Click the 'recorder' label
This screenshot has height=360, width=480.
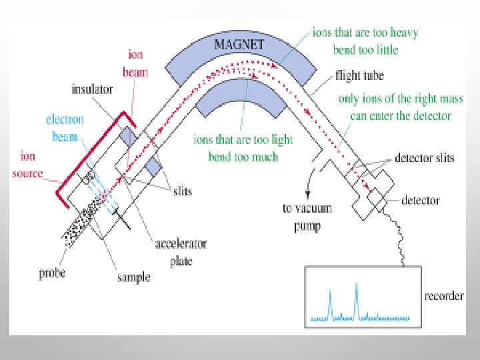pyautogui.click(x=444, y=296)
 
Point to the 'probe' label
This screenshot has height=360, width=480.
pyautogui.click(x=51, y=272)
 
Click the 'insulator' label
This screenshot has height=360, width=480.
pyautogui.click(x=93, y=88)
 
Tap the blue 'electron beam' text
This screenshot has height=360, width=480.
pyautogui.click(x=65, y=128)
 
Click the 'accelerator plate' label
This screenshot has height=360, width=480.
pyautogui.click(x=180, y=252)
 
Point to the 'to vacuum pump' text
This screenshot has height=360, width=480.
pyautogui.click(x=307, y=216)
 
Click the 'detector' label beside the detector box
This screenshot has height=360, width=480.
pyautogui.click(x=421, y=200)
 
